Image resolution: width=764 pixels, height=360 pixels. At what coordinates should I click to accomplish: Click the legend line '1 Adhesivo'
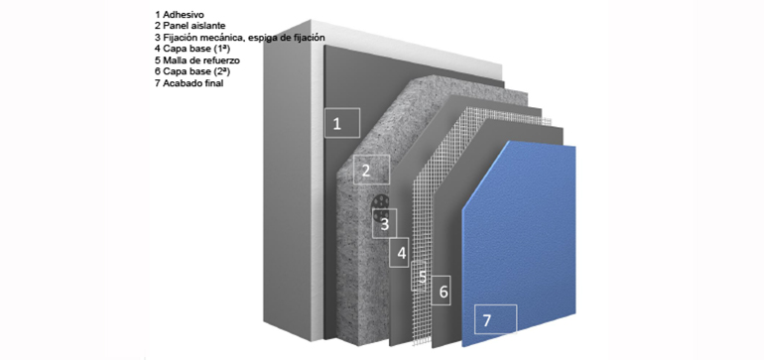pos(180,15)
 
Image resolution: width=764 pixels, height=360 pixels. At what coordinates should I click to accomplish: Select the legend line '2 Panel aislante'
pos(191,27)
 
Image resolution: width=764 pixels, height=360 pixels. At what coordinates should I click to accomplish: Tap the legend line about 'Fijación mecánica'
pos(240,38)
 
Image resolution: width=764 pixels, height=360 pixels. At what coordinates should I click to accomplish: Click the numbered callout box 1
pos(342,123)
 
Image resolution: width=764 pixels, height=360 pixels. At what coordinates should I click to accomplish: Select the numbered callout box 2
pos(371,170)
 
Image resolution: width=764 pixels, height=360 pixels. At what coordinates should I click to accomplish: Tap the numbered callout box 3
pos(384,223)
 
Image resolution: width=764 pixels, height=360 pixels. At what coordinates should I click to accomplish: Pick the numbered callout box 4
pos(400,253)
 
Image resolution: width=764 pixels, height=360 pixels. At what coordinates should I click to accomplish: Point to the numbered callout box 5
pos(420,277)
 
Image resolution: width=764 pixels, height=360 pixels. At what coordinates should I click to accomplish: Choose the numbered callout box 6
pos(442,291)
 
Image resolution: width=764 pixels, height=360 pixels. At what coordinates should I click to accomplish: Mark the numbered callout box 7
pos(495,319)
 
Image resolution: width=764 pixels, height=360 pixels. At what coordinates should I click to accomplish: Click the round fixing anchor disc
pos(381,207)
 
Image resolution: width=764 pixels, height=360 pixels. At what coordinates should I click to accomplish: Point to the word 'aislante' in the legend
pos(207,27)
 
